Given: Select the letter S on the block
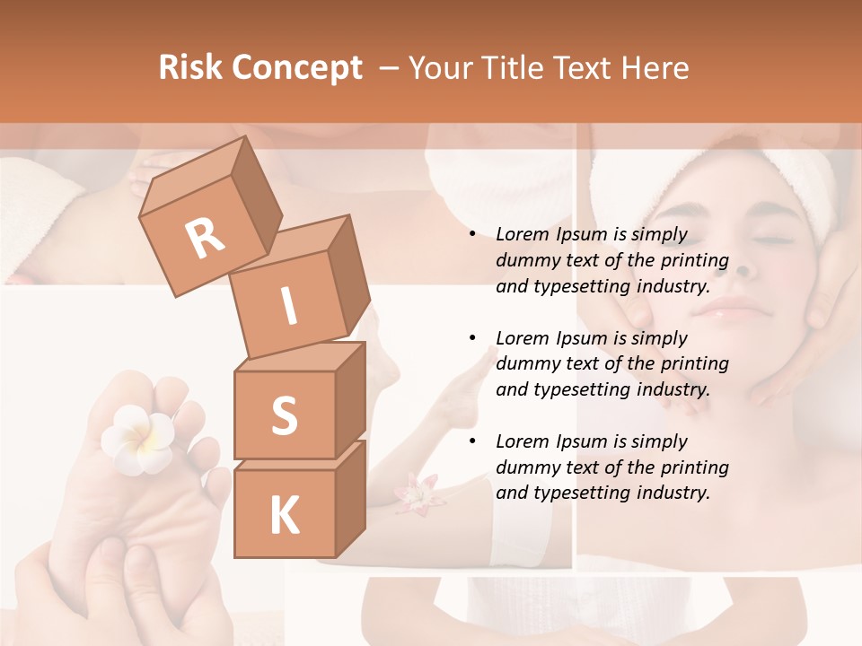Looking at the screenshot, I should [x=284, y=415].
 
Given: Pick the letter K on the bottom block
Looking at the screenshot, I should [x=284, y=516].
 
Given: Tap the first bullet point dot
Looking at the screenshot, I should [x=473, y=235].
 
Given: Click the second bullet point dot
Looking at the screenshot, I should [x=473, y=338].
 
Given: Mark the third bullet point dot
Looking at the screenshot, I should [x=473, y=441].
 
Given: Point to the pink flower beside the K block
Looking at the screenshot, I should [x=415, y=493].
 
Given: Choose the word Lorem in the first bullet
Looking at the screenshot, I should [x=522, y=234].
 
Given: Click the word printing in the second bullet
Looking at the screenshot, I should [x=695, y=363].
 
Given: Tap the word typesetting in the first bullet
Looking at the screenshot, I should [x=585, y=286].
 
